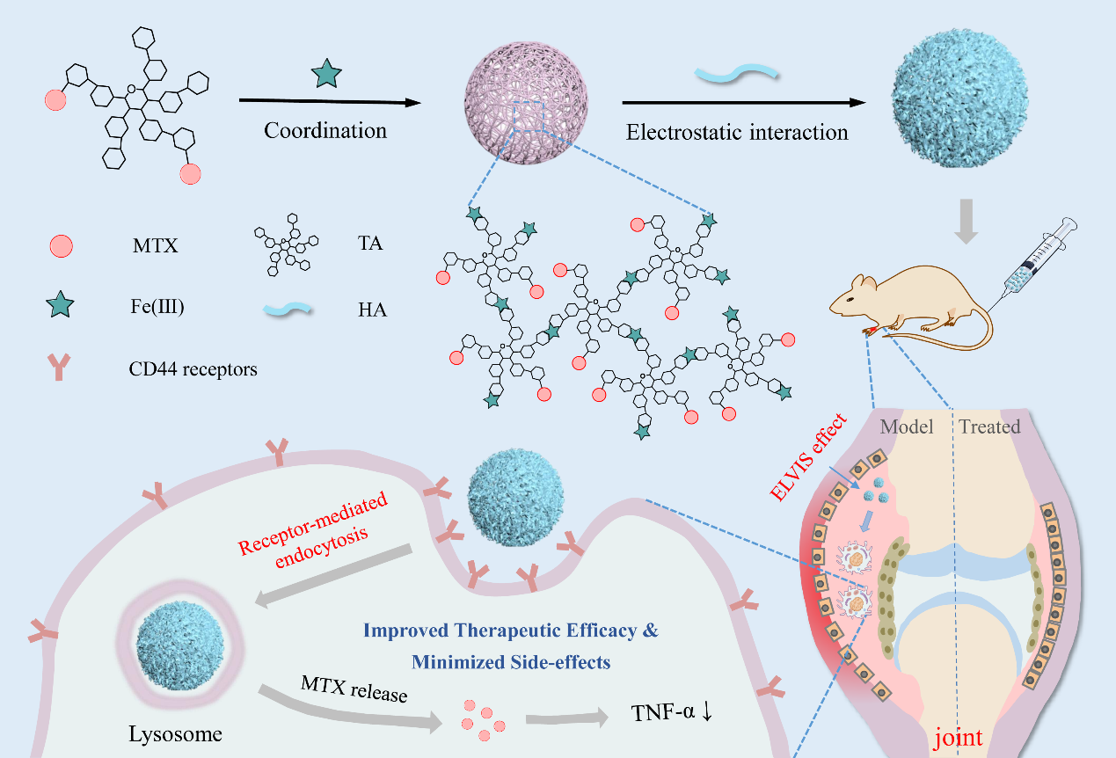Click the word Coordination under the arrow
325,131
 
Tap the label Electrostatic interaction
737,133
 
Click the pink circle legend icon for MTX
60,246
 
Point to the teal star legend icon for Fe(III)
60,307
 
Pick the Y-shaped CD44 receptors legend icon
60,368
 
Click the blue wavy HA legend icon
287,309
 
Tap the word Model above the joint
908,427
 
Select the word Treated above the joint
989,427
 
